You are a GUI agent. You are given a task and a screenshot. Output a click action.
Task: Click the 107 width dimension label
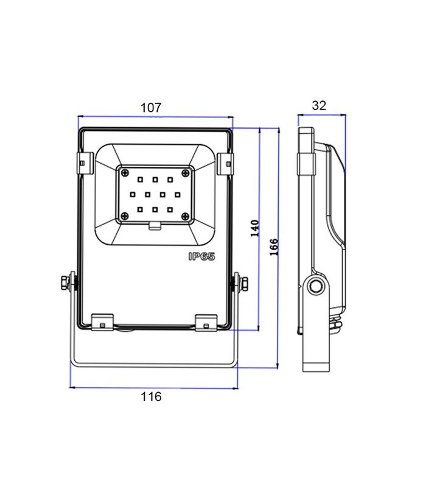151,108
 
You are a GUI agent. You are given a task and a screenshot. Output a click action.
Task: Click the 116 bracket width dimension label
151,397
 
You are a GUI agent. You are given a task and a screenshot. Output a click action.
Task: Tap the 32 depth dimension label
319,105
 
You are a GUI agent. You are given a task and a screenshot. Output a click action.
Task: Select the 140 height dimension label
255,228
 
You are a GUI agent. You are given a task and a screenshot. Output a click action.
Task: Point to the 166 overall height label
273,247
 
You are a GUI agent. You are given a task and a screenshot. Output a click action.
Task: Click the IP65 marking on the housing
202,256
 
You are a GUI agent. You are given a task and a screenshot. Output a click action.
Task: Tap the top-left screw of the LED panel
125,172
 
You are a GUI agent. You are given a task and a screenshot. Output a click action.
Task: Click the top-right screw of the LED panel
186,172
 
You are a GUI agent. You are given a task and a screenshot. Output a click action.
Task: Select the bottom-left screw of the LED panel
125,217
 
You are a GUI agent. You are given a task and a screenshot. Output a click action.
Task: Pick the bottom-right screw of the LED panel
186,217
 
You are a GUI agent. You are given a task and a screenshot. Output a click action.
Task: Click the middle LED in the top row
155,180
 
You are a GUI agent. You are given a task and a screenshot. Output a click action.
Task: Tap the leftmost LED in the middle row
133,195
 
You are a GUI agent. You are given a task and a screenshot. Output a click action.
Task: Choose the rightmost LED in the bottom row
170,210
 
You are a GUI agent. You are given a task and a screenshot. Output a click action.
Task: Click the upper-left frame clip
85,163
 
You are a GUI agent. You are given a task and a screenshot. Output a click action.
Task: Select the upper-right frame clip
225,163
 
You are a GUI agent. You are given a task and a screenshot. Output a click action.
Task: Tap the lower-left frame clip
102,323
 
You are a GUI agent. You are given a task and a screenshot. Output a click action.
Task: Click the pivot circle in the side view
316,286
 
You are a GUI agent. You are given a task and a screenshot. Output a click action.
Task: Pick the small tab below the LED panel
155,226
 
